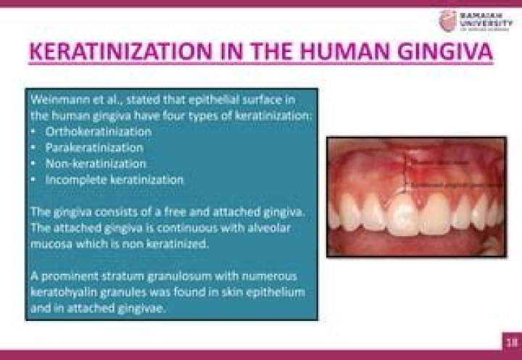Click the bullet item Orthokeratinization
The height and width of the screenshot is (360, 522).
click(x=99, y=132)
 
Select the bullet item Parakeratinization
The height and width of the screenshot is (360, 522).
click(x=94, y=147)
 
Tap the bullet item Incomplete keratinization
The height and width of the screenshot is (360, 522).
click(x=115, y=178)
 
